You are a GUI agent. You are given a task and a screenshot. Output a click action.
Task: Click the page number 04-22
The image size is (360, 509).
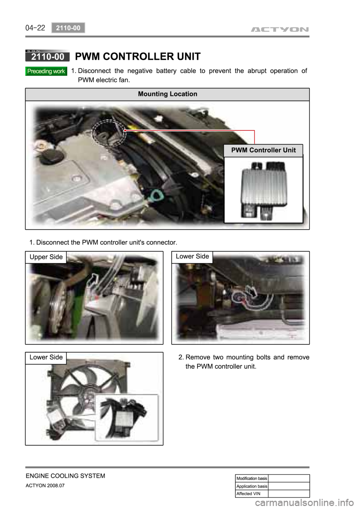35,28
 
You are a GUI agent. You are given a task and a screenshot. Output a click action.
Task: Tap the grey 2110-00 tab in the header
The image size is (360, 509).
68,28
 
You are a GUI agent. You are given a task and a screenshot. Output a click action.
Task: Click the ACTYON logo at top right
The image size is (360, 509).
279,30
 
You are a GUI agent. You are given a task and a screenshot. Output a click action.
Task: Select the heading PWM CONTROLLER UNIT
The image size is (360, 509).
138,56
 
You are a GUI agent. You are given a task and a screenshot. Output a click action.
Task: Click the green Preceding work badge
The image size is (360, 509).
46,71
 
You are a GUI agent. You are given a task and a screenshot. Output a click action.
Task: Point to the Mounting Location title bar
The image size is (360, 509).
167,94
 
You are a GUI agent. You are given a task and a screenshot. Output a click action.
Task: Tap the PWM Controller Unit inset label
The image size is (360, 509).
263,150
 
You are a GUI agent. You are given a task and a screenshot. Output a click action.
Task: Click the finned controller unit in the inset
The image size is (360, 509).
264,191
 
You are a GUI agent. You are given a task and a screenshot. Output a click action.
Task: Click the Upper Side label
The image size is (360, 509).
46,257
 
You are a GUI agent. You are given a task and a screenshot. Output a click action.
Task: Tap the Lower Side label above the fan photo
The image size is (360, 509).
46,357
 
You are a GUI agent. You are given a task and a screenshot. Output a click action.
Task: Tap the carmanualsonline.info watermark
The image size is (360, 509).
304,501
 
